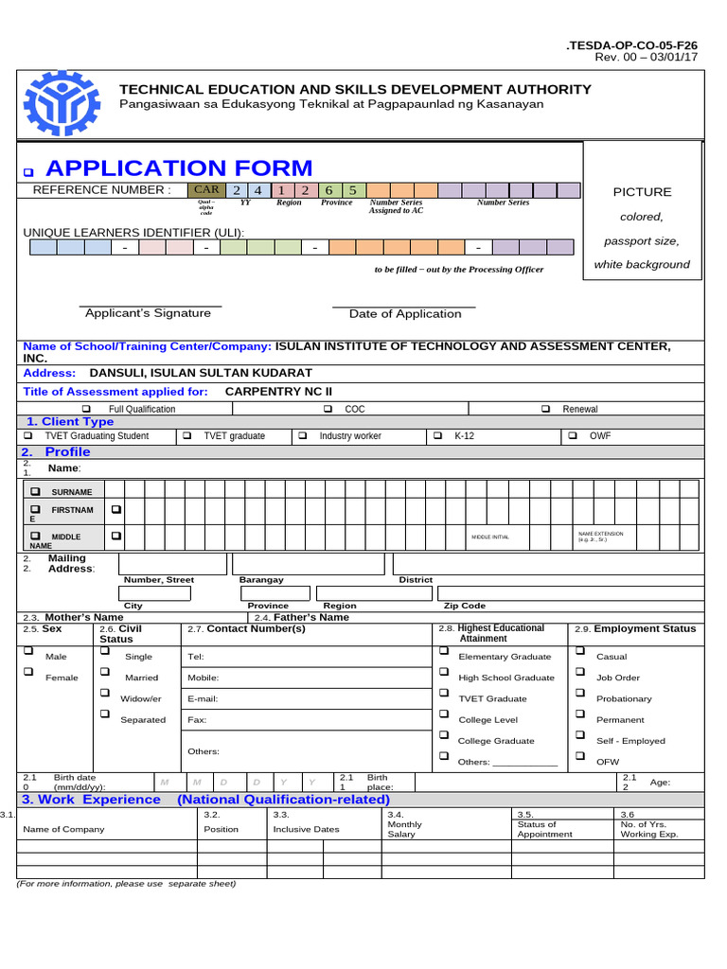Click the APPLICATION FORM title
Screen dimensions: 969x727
pos(179,168)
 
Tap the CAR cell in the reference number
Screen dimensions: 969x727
pos(206,190)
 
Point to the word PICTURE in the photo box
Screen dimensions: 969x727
pos(642,192)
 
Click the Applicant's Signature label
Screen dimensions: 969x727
pos(148,313)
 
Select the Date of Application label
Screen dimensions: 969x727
pos(405,314)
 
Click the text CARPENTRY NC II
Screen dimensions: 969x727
pos(279,392)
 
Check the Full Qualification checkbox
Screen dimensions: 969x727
pos(86,409)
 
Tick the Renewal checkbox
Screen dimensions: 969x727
pos(545,409)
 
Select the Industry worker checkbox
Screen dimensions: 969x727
pos(303,436)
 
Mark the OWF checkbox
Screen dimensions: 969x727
pos(573,436)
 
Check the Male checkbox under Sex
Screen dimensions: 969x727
pos(28,651)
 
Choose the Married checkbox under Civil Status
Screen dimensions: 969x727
pos(104,673)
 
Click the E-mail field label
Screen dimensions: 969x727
pos(204,698)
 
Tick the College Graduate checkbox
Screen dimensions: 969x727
pos(443,736)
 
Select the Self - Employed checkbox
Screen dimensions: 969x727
pos(579,736)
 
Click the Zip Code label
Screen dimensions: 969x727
pos(465,606)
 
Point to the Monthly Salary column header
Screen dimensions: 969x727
pos(405,824)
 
